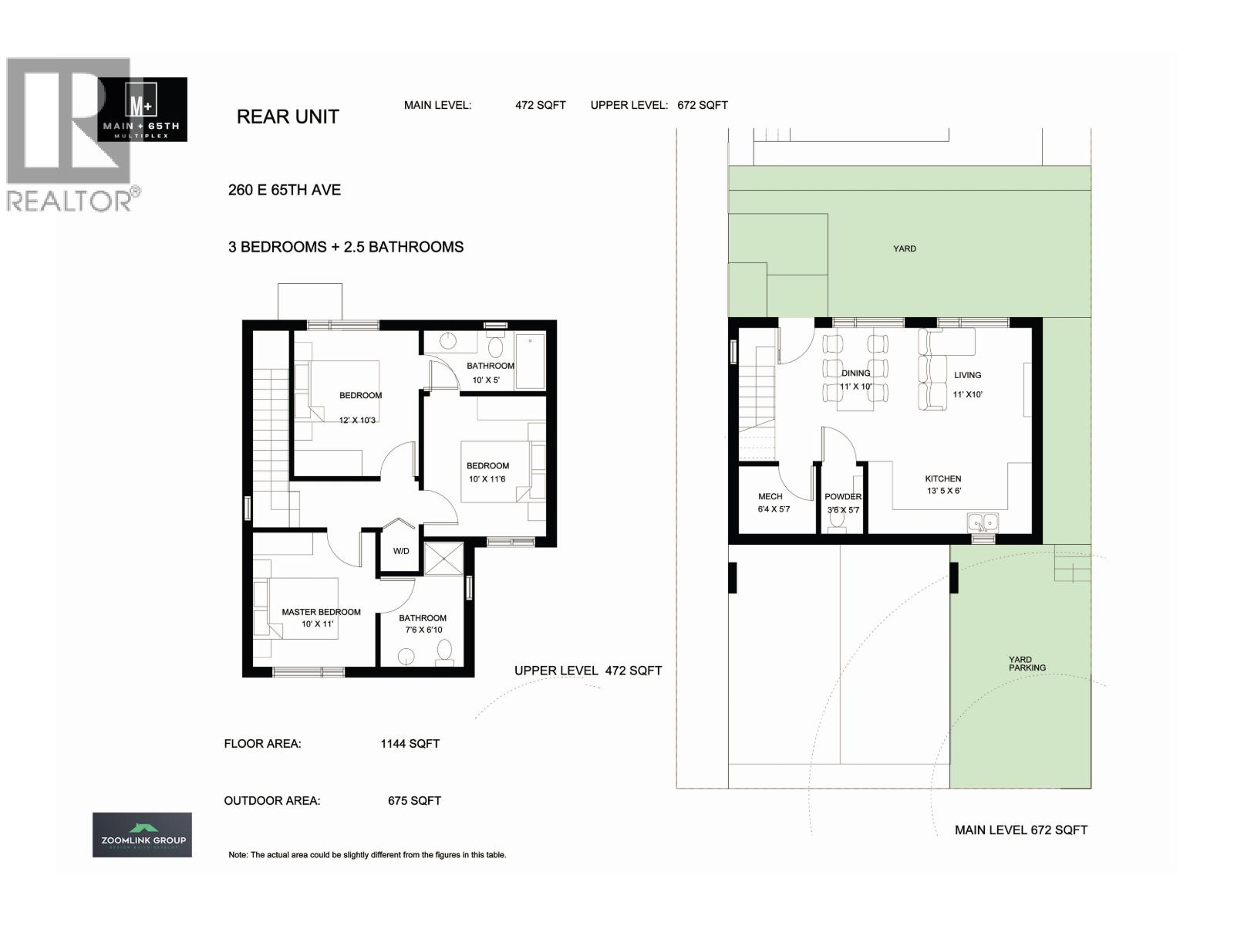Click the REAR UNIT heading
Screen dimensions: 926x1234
(x=288, y=117)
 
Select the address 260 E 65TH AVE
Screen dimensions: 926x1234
(x=285, y=190)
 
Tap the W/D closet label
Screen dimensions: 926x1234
(x=401, y=551)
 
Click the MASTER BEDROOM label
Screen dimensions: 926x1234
(x=321, y=612)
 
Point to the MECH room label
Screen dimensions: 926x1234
(x=770, y=497)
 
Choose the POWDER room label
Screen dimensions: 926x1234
(x=842, y=497)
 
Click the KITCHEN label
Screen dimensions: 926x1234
(x=942, y=479)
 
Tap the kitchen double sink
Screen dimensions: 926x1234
(x=983, y=523)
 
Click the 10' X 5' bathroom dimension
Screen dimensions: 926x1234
(x=486, y=380)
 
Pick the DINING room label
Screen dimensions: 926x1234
(x=855, y=373)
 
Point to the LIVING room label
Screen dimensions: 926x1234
(x=967, y=375)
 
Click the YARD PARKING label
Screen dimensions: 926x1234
(x=1027, y=664)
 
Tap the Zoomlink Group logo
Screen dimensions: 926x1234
(x=142, y=835)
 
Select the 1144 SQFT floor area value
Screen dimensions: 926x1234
(x=410, y=744)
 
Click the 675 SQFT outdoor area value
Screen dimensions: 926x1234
(x=414, y=801)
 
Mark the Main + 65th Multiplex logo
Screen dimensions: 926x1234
(x=143, y=109)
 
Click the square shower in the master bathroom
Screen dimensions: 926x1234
(x=443, y=559)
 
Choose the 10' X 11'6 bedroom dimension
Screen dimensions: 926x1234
(x=487, y=479)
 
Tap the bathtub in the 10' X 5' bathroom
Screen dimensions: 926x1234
(x=530, y=361)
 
